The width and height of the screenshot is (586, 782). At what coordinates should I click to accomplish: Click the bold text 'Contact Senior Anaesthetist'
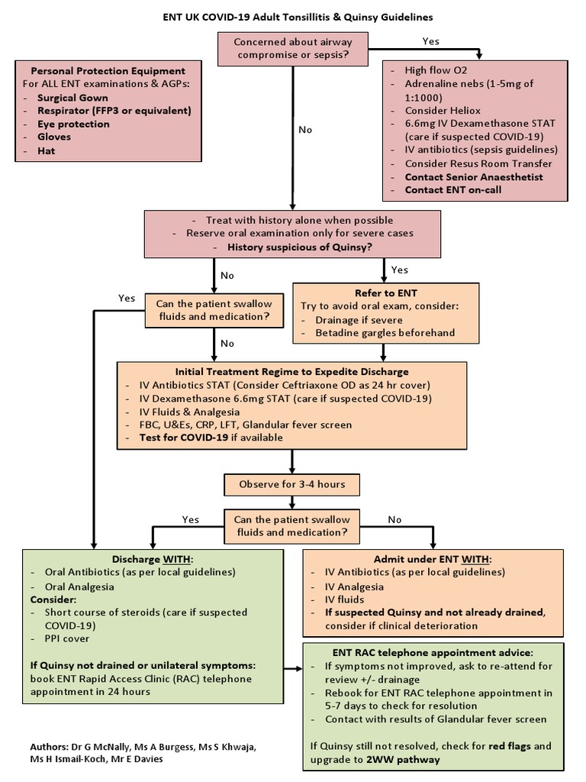[x=474, y=176]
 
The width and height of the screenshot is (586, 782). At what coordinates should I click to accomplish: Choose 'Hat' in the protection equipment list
[x=45, y=150]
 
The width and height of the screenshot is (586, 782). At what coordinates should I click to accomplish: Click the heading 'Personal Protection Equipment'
[x=104, y=71]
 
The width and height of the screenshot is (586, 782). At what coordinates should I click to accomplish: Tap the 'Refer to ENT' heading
[x=386, y=292]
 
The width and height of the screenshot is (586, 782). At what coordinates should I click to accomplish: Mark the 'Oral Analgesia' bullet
[x=80, y=586]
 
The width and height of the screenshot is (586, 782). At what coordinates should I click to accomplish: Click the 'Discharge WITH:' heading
[x=152, y=558]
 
